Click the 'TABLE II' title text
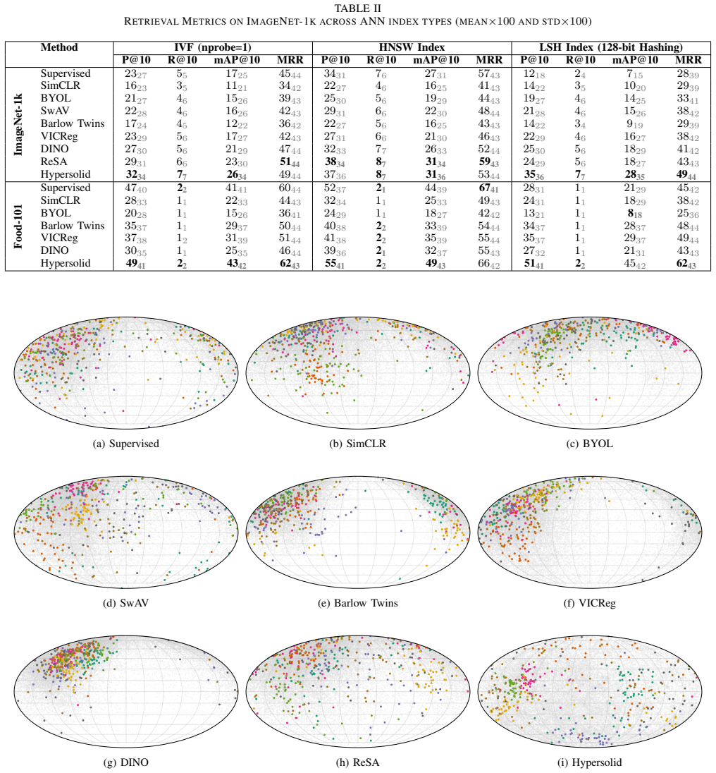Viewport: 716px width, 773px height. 357,8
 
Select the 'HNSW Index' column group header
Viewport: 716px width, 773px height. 412,47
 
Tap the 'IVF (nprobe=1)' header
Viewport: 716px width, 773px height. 213,47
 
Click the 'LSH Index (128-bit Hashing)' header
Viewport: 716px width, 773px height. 610,47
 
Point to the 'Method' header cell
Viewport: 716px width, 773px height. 59,47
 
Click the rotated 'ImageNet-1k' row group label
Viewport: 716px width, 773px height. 18,124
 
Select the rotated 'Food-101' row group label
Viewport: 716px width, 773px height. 18,226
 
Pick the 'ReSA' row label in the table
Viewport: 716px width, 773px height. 54,162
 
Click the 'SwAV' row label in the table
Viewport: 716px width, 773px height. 55,111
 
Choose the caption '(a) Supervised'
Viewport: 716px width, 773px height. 126,444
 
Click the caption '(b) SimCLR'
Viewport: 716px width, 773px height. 357,444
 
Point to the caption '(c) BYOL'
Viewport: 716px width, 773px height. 589,444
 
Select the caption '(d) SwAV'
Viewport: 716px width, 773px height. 125,603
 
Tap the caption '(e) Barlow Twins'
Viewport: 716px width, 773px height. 357,603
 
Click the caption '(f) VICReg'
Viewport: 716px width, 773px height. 589,603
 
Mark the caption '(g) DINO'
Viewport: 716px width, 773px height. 125,762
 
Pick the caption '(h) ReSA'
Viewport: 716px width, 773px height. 357,762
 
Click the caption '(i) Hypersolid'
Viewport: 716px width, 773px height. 589,762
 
